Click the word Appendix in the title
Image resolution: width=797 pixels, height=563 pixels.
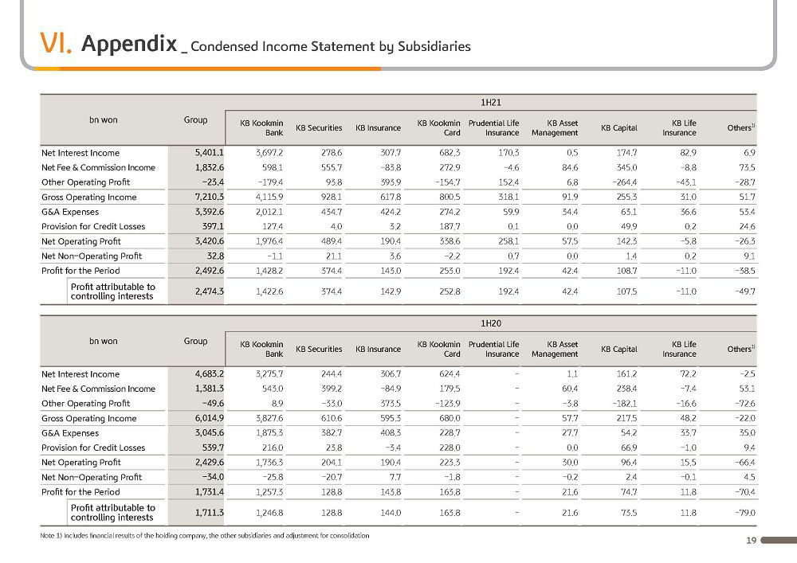point(129,44)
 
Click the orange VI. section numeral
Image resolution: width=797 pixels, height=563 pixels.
point(56,43)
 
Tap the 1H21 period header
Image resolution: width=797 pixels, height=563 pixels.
point(490,103)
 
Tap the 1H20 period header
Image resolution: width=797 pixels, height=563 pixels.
point(490,323)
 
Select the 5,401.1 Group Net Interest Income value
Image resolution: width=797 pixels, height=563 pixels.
point(209,153)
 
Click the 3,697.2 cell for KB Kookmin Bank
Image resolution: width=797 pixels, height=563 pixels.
point(269,153)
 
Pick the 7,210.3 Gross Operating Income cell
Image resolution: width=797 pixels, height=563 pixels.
point(209,197)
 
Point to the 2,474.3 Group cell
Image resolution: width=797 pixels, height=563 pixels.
point(209,291)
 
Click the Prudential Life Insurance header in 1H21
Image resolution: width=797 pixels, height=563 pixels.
point(493,128)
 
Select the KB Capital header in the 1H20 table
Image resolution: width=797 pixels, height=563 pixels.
point(618,350)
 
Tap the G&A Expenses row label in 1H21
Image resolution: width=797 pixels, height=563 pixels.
point(70,212)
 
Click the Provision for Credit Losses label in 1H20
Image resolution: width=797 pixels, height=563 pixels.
point(93,448)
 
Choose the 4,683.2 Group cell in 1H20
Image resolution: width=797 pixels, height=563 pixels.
point(209,374)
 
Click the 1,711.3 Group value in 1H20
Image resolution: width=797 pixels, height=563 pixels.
point(209,513)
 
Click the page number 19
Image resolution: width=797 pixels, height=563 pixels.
point(752,541)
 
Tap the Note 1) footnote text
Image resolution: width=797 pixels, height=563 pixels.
point(205,536)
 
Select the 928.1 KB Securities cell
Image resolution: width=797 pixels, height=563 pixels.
point(332,197)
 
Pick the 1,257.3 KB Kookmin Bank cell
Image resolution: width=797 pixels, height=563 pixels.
point(269,492)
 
